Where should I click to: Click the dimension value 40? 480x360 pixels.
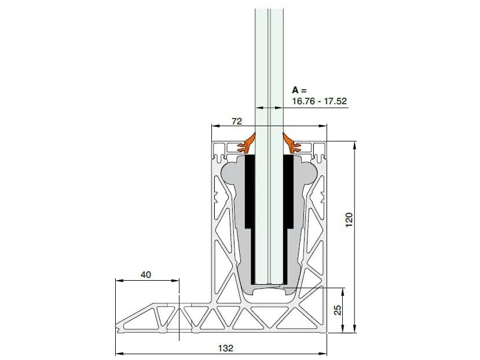tap(145, 275)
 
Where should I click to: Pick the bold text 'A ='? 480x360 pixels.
tap(298, 90)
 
